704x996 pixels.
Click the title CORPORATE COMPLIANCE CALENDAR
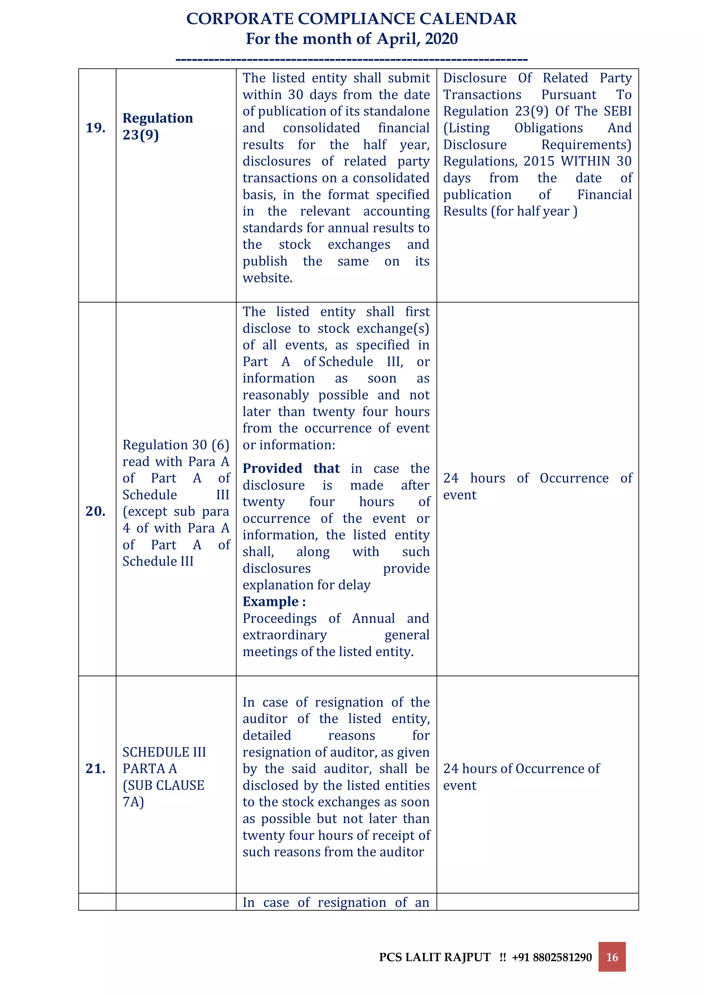tap(351, 19)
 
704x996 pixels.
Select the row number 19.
tap(96, 128)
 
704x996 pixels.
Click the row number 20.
tap(96, 511)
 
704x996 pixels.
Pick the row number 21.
tap(96, 768)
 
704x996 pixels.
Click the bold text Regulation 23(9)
tap(157, 126)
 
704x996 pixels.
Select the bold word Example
tap(270, 602)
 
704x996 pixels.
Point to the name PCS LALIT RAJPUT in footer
tap(434, 957)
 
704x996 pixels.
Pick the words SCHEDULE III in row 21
tap(164, 752)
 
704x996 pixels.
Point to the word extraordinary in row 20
tap(285, 635)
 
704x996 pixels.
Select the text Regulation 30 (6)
tap(176, 445)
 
